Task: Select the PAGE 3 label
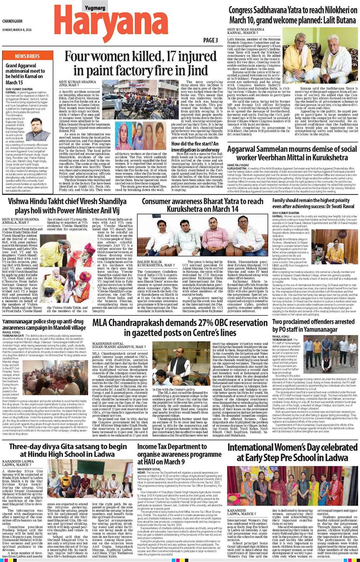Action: click(x=210, y=40)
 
